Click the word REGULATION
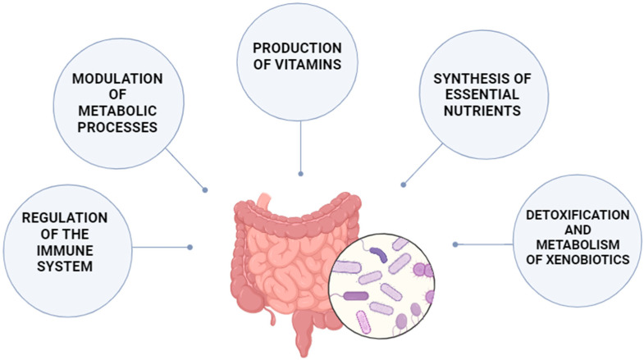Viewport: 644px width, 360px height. pos(55,217)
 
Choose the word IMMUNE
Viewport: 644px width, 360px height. pos(55,250)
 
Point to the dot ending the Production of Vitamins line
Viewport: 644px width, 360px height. pos(302,174)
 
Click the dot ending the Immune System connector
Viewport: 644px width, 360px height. pos(190,246)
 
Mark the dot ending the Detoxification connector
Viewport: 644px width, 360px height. pos(455,244)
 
